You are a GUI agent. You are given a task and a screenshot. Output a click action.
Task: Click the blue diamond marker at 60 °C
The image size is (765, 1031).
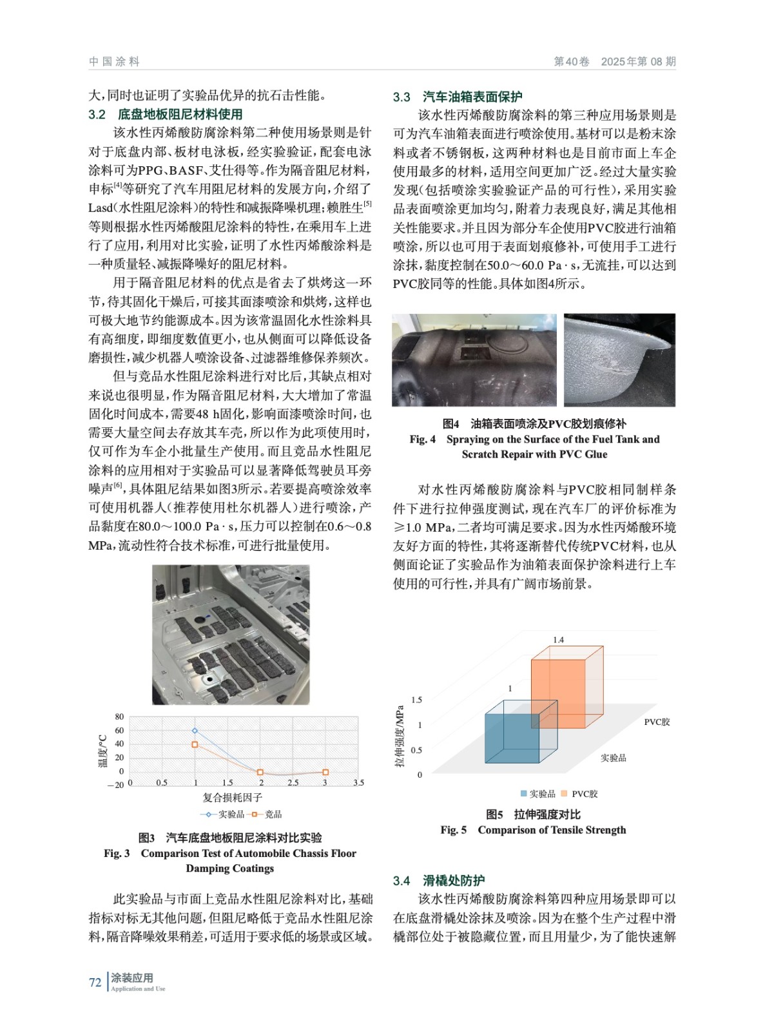[195, 731]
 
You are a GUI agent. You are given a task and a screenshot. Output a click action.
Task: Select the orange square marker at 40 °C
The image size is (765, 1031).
[195, 745]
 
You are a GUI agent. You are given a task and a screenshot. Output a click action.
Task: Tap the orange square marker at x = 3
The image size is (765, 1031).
[325, 772]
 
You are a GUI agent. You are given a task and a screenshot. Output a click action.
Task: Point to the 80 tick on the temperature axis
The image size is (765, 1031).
[119, 717]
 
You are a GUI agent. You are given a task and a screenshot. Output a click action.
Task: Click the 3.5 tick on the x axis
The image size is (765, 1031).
[358, 783]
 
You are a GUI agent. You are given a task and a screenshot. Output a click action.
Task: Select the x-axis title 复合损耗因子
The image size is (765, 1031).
[232, 798]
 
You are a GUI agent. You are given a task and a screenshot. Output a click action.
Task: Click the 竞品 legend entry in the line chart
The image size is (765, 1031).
[267, 814]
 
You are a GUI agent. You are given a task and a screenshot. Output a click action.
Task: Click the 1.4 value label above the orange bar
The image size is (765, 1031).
[558, 640]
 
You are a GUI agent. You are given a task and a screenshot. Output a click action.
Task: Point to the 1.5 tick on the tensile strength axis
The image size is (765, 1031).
[416, 700]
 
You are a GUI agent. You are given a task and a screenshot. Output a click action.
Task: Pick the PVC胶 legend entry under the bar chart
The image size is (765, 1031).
[580, 794]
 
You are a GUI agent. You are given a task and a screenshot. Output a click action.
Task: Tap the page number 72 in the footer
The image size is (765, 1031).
[95, 983]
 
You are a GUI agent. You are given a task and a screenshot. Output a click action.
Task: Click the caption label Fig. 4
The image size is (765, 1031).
[422, 439]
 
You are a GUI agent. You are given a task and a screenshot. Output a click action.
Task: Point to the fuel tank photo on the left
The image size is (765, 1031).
[474, 360]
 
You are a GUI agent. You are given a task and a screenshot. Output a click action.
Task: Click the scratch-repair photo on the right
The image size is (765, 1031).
[619, 360]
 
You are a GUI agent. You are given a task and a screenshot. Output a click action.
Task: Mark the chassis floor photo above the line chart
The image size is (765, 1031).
[231, 635]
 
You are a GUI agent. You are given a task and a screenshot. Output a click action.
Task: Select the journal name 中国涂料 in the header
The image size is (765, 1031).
[114, 62]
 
